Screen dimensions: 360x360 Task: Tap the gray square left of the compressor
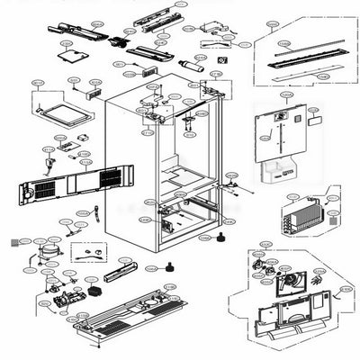click(12, 243)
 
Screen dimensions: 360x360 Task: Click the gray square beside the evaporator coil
click(335, 217)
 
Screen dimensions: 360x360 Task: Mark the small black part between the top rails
click(116, 40)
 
